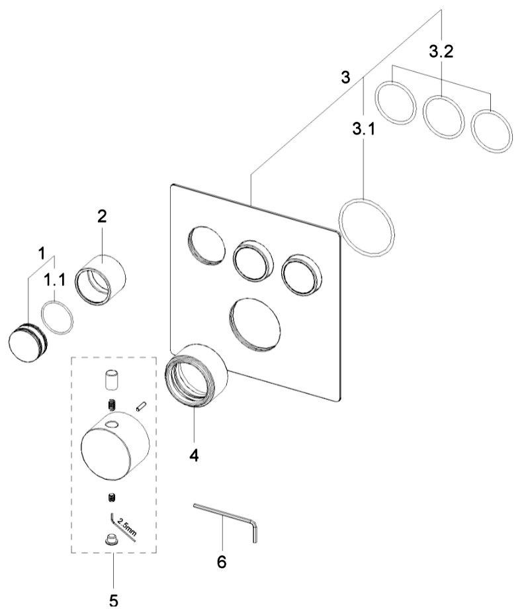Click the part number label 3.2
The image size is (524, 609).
point(441,52)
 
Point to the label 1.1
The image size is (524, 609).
point(55,281)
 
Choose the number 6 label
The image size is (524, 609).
point(222,562)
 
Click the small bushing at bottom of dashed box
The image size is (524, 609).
point(112,539)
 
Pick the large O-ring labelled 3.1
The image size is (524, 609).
point(367,226)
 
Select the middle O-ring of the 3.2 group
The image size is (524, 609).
point(443,117)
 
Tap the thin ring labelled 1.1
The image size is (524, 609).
point(57,318)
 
